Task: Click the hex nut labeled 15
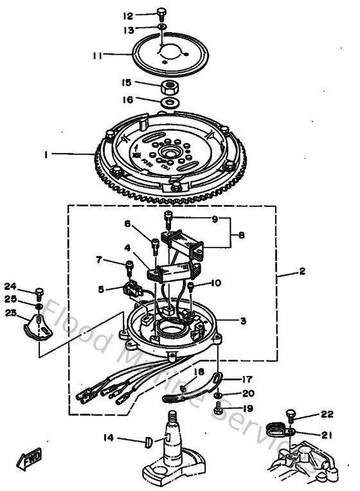(170, 86)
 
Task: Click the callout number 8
(242, 235)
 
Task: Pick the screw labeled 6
(156, 245)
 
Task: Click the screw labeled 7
(129, 266)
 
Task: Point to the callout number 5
(101, 290)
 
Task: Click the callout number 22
(327, 415)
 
